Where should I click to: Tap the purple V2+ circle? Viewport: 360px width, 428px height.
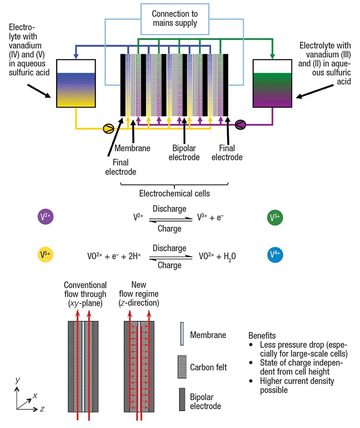45,217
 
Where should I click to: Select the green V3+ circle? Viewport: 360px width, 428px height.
275,217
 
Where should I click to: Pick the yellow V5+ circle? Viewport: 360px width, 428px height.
45,254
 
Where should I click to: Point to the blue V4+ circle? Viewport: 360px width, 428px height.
275,254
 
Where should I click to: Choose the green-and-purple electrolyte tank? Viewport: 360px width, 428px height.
273,83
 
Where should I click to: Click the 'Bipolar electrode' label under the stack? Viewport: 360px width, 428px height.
185,152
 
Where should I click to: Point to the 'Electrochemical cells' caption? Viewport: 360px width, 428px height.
174,195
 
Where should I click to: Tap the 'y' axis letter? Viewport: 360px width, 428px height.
18,380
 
